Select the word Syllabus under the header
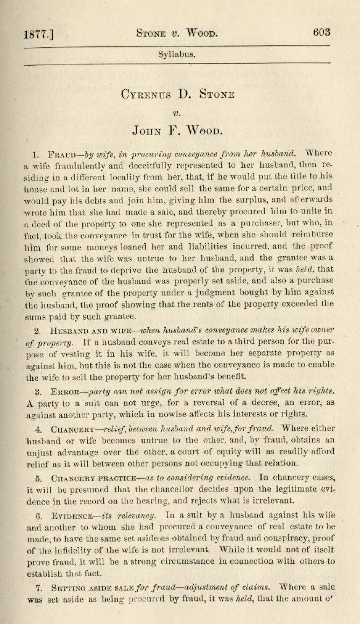[177, 55]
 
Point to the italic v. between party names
[177, 113]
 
